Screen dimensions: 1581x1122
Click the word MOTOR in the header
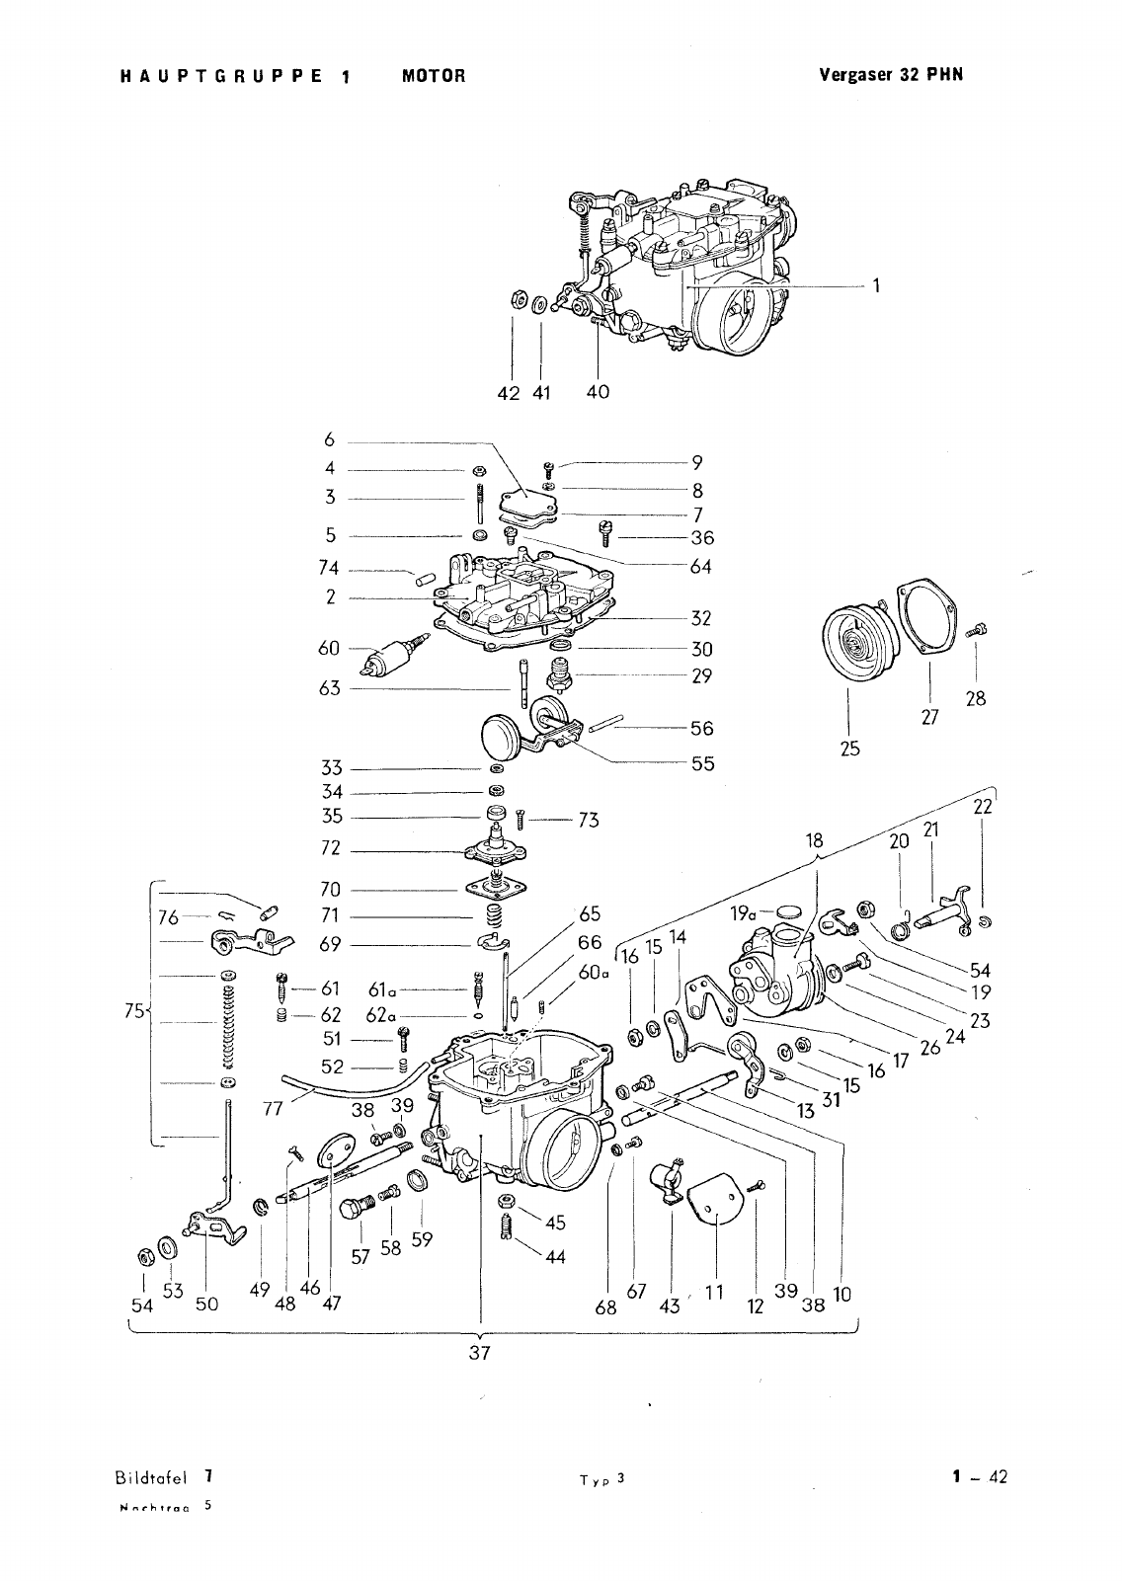[x=433, y=75]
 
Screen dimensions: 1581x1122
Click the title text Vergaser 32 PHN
[x=890, y=74]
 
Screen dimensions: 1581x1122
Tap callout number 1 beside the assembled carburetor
[x=875, y=286]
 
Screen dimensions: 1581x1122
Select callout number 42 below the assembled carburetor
[x=509, y=392]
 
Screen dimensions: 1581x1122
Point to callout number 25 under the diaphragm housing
[x=849, y=749]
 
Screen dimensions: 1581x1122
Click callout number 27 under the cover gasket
[x=929, y=718]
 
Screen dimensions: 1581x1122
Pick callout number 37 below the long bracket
[x=480, y=1353]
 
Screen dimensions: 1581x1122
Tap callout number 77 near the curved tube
[x=274, y=1108]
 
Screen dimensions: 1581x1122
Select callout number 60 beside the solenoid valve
[x=329, y=648]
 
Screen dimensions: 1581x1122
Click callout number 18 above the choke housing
[x=814, y=840]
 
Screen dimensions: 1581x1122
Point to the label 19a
[x=744, y=914]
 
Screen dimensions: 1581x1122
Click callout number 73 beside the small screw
[x=589, y=820]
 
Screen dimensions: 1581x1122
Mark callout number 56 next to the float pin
[x=701, y=728]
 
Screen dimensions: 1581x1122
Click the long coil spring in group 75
[x=229, y=1029]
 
